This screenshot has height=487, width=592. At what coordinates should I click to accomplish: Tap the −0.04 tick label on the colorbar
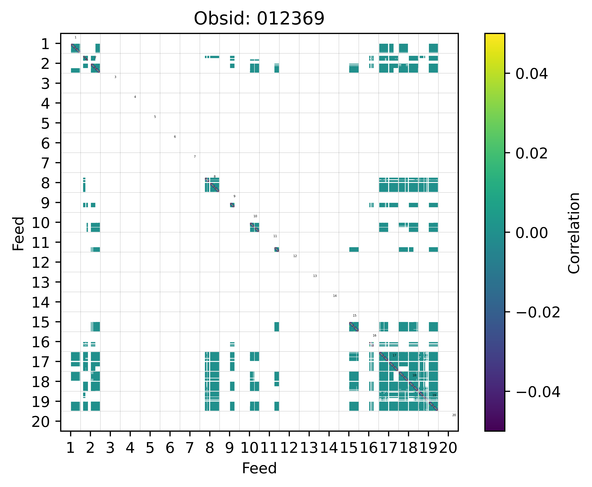(x=538, y=392)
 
